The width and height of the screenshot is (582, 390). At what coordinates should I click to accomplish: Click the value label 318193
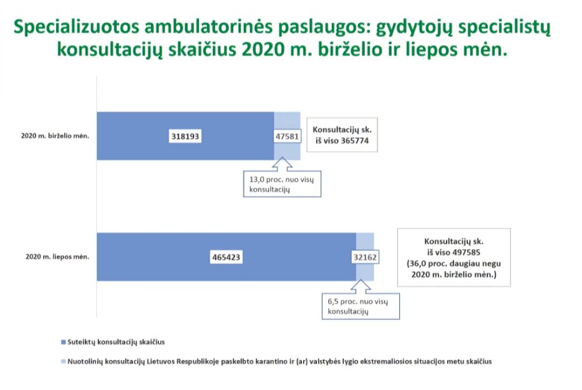(185, 136)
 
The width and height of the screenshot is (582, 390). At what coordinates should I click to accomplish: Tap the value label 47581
(288, 136)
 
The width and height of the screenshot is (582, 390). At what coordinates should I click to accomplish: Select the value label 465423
(226, 257)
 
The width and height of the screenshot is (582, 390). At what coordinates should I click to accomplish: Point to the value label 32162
(366, 257)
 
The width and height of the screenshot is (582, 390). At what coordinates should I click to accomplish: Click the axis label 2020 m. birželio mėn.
(55, 136)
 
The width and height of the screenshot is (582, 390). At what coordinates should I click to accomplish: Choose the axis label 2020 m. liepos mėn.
(57, 256)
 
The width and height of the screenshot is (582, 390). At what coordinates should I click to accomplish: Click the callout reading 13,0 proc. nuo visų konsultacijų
(282, 184)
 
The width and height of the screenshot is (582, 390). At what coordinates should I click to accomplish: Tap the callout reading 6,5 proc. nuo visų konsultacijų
(361, 306)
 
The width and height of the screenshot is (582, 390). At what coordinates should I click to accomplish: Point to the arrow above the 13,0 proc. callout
(282, 165)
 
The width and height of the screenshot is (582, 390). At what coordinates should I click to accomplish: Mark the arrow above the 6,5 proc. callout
(361, 287)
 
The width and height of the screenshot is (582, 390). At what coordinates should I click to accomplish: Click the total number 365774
(355, 141)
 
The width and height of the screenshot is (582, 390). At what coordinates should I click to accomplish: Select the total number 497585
(466, 253)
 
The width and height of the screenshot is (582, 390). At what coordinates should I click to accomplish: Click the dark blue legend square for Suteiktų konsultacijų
(63, 342)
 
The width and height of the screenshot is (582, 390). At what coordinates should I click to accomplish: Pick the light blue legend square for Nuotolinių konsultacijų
(63, 361)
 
